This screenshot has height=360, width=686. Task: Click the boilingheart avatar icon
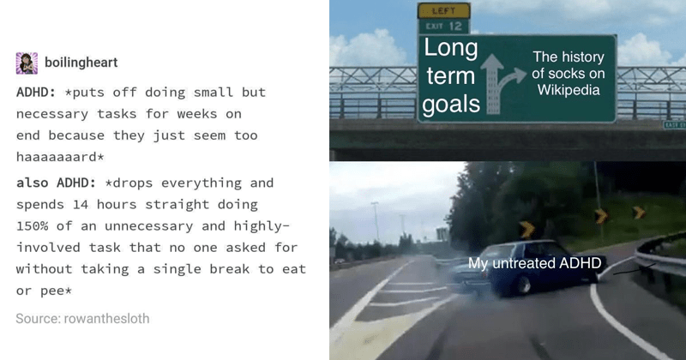click(27, 63)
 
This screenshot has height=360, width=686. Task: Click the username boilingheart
click(81, 63)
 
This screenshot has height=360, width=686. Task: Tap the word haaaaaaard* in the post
click(60, 157)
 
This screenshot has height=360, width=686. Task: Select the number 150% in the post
click(32, 225)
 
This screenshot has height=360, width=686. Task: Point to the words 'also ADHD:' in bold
click(56, 183)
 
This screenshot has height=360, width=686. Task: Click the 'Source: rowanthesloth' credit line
click(82, 319)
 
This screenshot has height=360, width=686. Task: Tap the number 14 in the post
click(81, 204)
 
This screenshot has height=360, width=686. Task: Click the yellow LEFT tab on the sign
click(443, 10)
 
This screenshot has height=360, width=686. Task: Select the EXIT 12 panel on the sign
click(443, 27)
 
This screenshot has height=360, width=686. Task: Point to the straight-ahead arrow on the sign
click(492, 83)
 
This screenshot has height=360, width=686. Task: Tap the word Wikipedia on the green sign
click(569, 90)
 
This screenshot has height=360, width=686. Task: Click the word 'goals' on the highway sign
click(451, 105)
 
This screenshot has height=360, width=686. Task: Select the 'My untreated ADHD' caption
click(534, 263)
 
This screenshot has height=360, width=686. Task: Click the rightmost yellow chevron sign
click(639, 213)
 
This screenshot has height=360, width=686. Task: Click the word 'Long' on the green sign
click(451, 47)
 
